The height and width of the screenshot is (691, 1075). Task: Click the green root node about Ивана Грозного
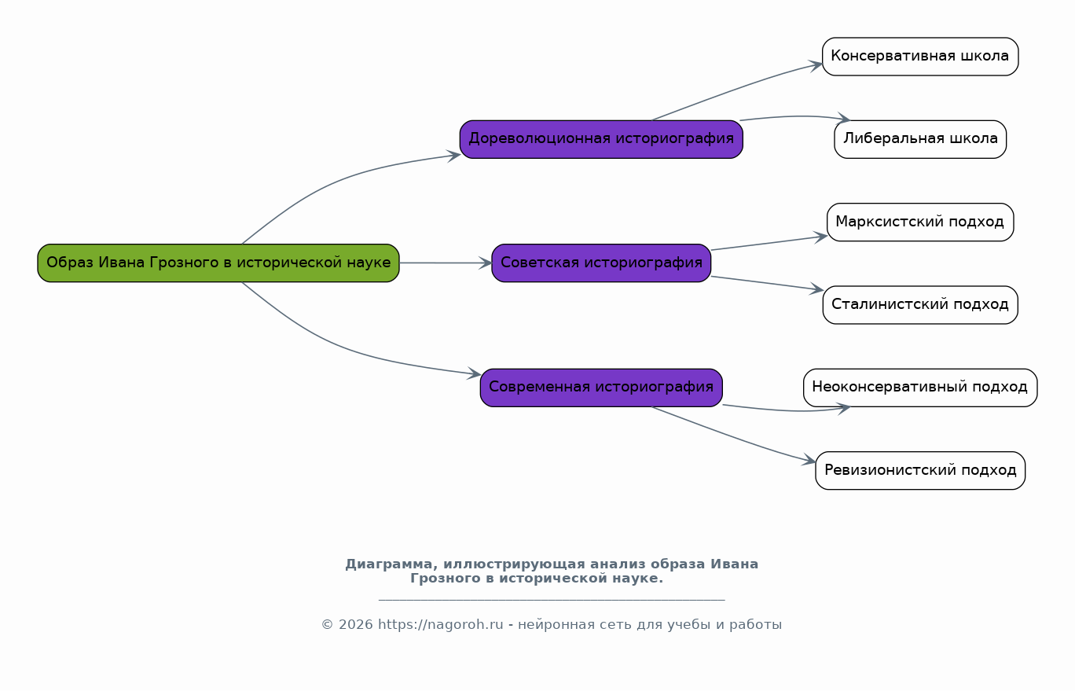(218, 263)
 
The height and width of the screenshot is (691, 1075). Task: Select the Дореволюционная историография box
(601, 139)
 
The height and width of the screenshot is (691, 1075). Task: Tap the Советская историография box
(601, 263)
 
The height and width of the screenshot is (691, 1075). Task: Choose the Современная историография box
(601, 387)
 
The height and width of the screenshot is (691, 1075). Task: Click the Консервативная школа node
(919, 57)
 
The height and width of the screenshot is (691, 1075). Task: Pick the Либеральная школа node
(919, 139)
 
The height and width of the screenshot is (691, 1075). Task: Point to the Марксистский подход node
(919, 222)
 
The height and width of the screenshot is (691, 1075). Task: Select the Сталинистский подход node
(919, 304)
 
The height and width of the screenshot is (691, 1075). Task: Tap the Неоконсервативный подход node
(919, 387)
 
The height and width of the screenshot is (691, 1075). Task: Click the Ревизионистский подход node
(919, 470)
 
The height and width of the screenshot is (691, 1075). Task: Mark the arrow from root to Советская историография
(445, 263)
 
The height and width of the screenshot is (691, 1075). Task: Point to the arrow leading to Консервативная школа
(739, 88)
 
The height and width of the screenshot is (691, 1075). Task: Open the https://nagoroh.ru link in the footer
(440, 625)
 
